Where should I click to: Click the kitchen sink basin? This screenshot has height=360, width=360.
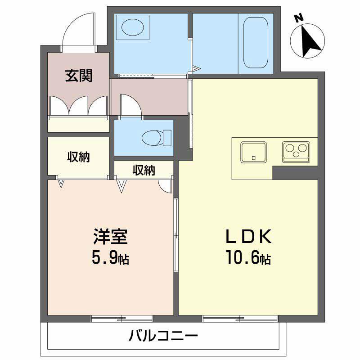254,152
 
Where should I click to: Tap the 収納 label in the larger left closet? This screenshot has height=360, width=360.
79,157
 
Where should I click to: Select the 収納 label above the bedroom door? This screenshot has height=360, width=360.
144,170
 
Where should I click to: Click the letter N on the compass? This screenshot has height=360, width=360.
297,18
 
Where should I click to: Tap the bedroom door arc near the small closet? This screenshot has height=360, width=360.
165,186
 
